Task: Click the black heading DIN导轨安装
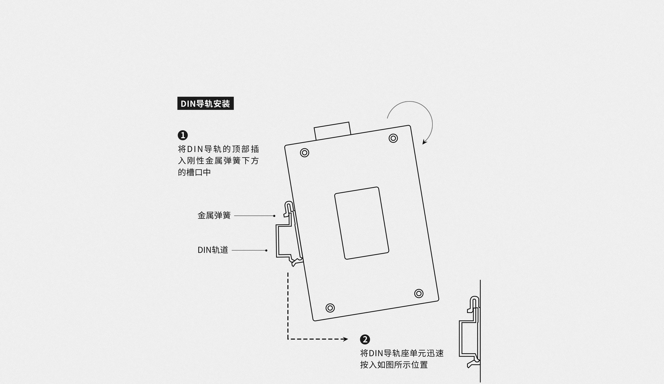coord(205,103)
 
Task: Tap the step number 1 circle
coord(183,135)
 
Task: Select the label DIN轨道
coord(213,250)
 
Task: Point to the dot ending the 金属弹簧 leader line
coord(274,216)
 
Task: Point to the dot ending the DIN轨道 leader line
coord(266,250)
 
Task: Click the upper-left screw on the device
coord(305,153)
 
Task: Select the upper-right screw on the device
coord(393,138)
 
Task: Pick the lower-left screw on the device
coord(330,308)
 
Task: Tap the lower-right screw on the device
coord(419,293)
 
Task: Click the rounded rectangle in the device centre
coord(362,223)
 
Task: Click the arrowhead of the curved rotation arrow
coord(424,142)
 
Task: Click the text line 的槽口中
coord(194,172)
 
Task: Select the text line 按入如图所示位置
coord(394,365)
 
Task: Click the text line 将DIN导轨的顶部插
coord(218,149)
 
